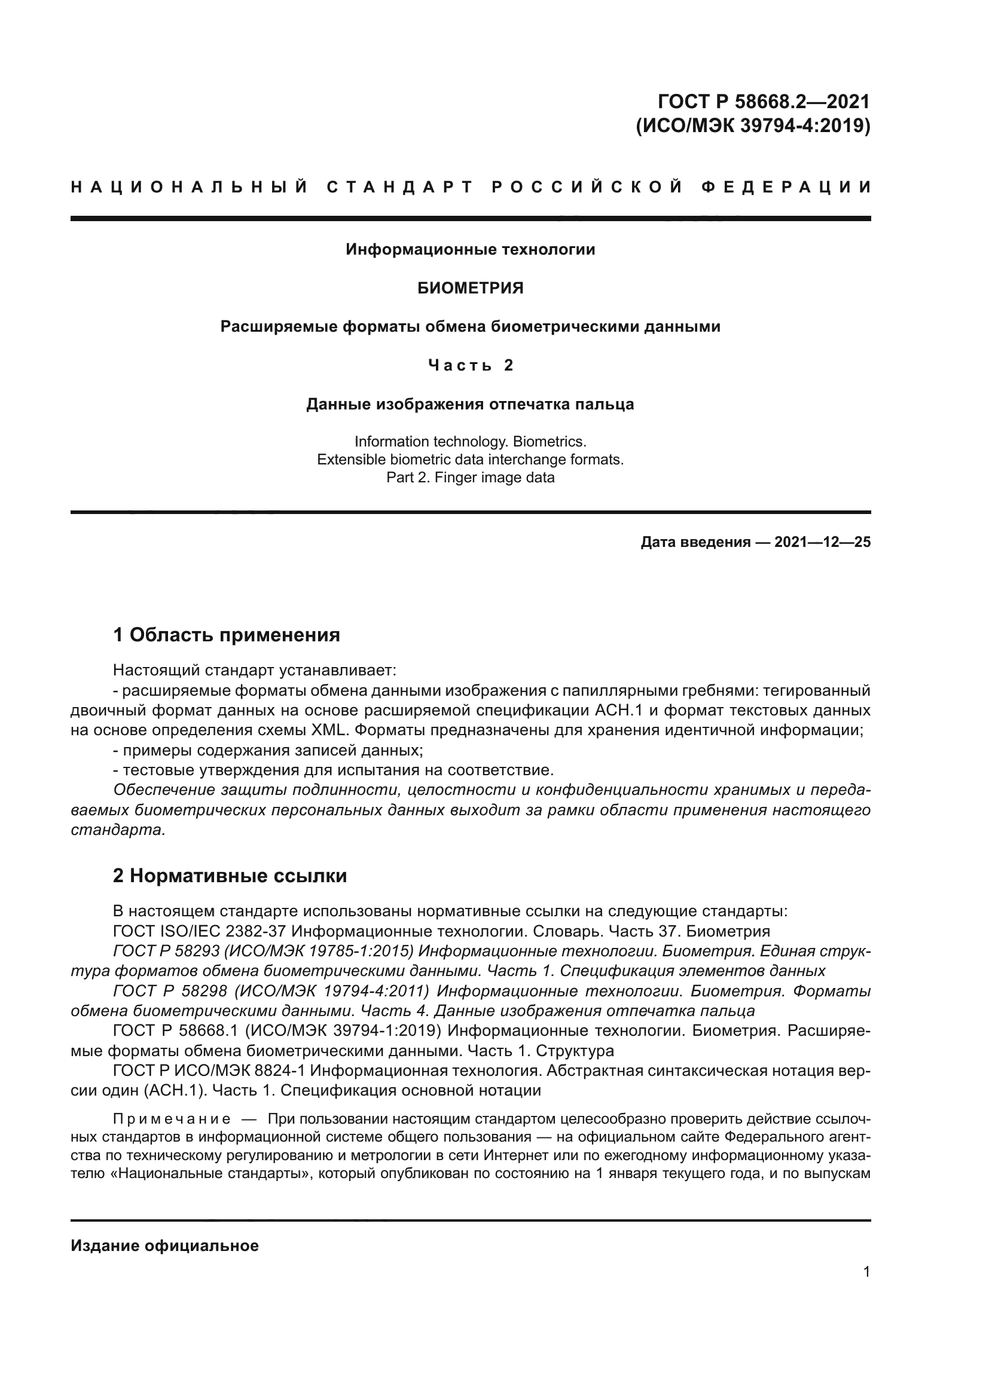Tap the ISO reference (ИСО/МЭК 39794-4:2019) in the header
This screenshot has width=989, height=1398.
click(x=753, y=126)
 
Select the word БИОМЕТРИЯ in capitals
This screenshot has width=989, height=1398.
click(x=470, y=288)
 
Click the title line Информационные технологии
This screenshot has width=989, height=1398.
click(x=470, y=249)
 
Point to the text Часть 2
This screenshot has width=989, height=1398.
click(x=470, y=365)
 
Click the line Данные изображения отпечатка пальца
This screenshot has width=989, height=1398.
click(x=470, y=404)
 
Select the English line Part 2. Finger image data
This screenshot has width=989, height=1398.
click(x=470, y=478)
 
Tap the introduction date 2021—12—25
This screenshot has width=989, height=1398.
click(x=822, y=542)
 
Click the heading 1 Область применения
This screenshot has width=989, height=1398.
click(x=226, y=635)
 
